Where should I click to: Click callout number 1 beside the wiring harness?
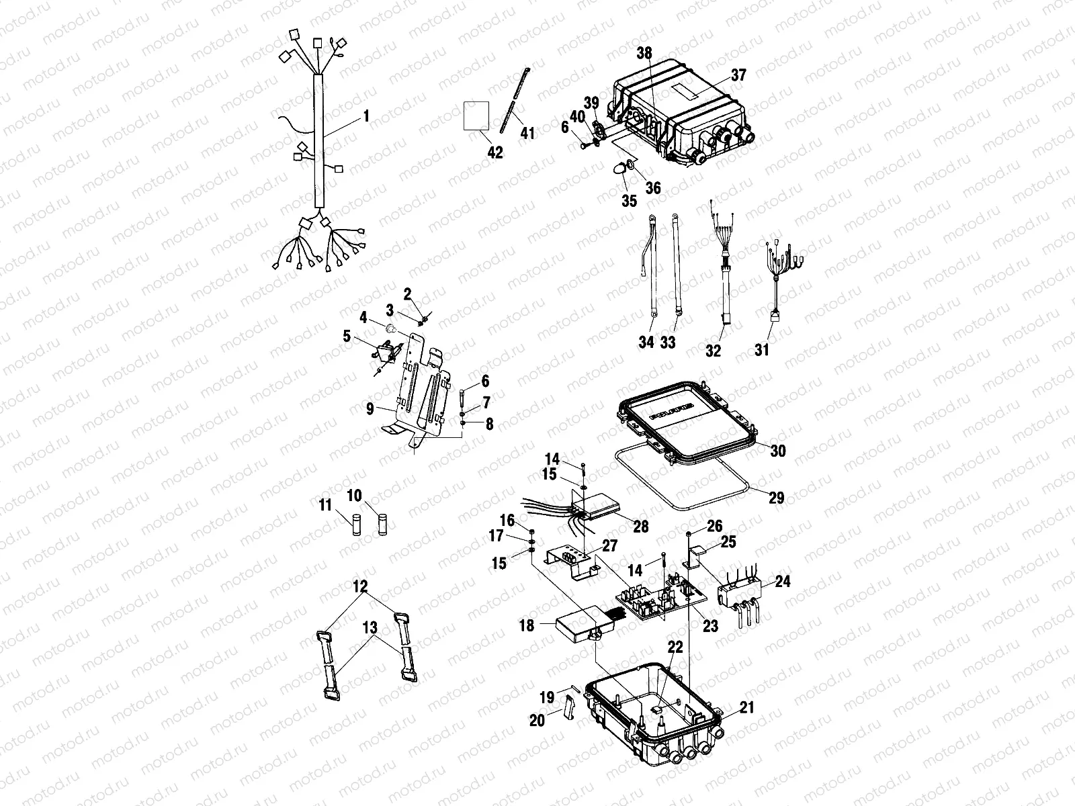[x=366, y=117]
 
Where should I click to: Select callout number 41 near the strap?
[x=528, y=133]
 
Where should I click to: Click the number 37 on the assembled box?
[x=738, y=76]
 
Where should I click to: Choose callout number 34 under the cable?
[x=646, y=342]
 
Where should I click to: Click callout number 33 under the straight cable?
[x=667, y=342]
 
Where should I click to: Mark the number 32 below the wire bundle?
[x=713, y=350]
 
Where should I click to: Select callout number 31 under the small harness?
[x=762, y=350]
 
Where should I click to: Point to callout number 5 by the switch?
[x=347, y=335]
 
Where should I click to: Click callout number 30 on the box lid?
[x=777, y=451]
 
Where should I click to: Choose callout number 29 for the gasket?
[x=777, y=498]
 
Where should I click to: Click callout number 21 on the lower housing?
[x=747, y=707]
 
